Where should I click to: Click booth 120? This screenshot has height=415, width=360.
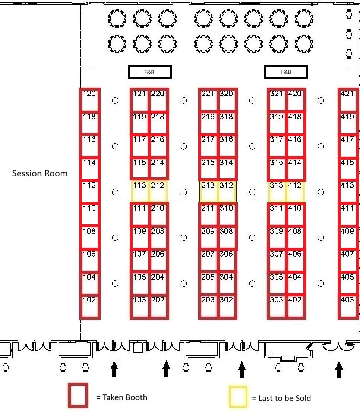click(x=90, y=100)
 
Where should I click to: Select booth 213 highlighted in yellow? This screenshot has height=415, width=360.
click(x=209, y=191)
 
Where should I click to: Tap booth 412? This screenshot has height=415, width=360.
click(x=296, y=191)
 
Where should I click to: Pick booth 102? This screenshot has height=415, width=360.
click(x=90, y=306)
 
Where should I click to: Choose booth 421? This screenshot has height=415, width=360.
click(x=348, y=100)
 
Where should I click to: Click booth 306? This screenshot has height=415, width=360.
click(x=227, y=260)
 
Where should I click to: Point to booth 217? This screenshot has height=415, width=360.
click(x=209, y=145)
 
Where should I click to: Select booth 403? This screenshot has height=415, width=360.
click(x=348, y=306)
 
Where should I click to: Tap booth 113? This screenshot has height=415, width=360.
click(x=140, y=191)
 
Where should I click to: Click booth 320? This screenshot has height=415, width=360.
click(x=227, y=100)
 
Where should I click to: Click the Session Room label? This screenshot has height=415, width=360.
click(x=40, y=173)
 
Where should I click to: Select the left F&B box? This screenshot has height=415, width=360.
click(x=150, y=72)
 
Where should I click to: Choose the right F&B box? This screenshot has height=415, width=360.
click(x=286, y=72)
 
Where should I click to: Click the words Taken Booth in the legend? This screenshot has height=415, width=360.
click(x=125, y=397)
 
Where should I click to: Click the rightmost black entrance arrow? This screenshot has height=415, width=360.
click(x=339, y=370)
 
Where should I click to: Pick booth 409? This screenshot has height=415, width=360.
click(x=348, y=237)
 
